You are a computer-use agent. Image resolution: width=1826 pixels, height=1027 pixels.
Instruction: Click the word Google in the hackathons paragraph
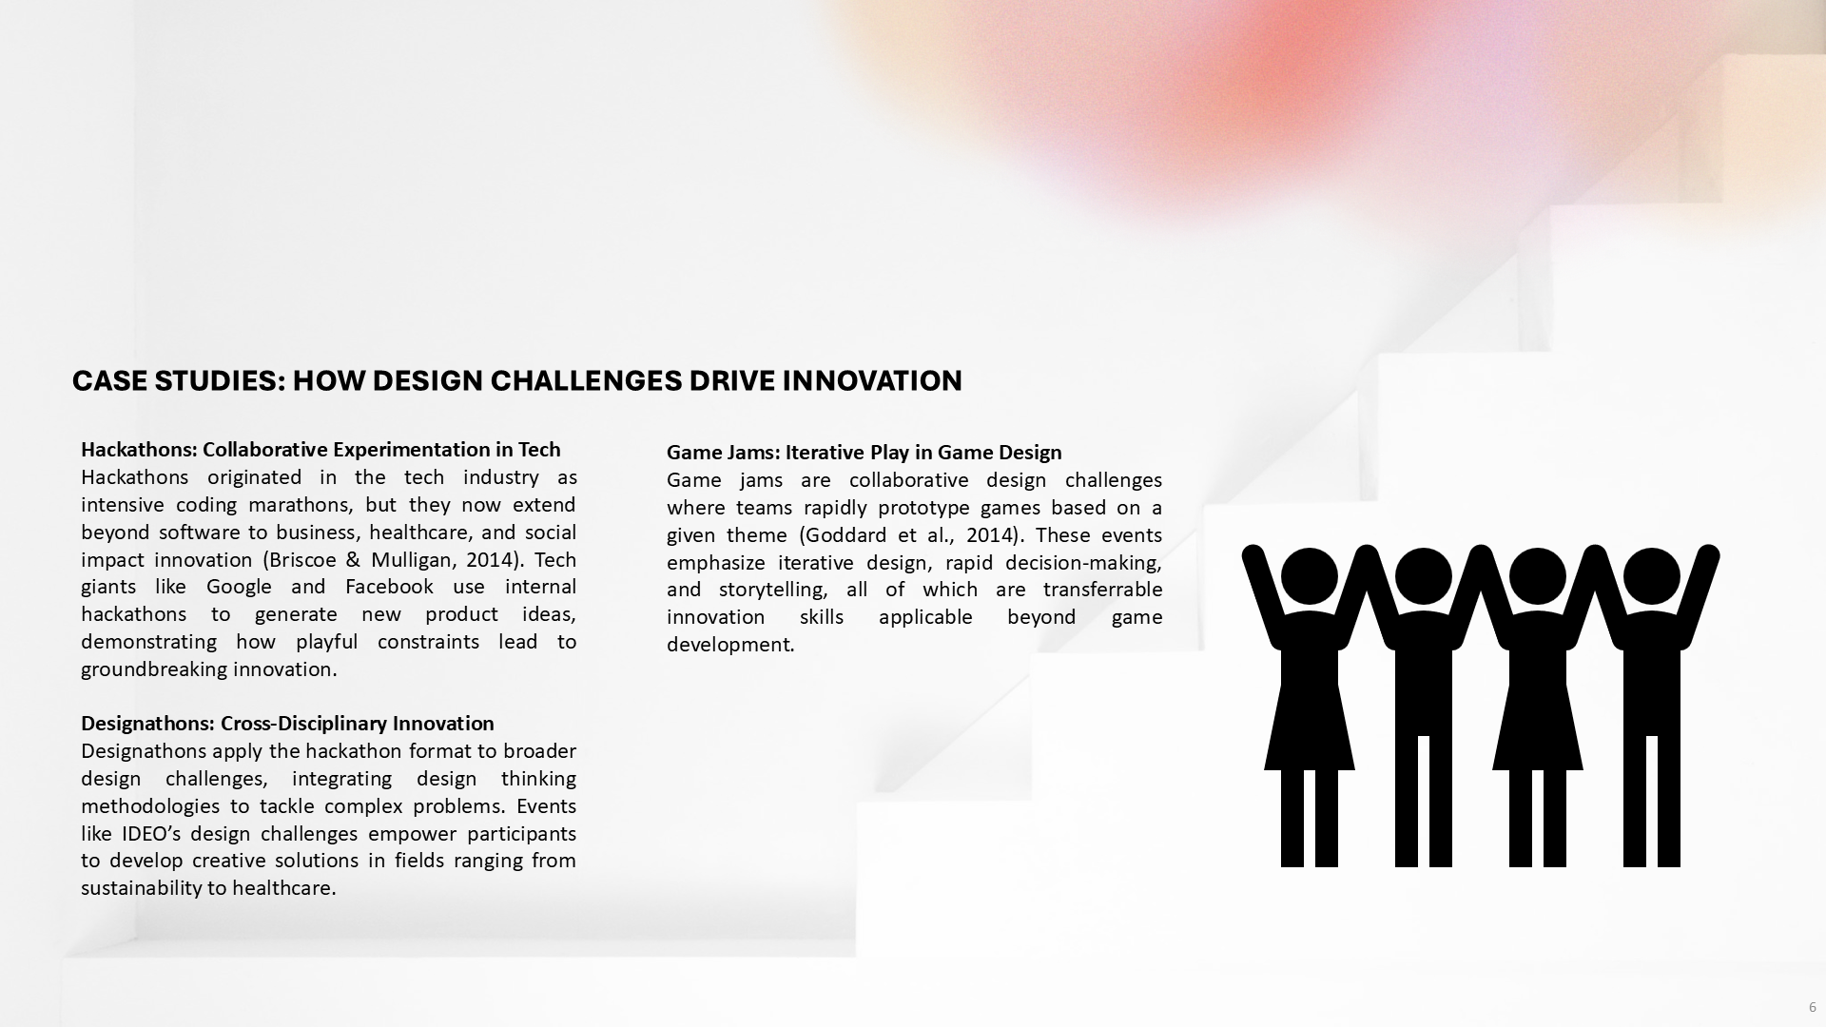[x=239, y=587]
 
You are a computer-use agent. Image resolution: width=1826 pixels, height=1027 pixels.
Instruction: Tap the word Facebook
[x=389, y=587]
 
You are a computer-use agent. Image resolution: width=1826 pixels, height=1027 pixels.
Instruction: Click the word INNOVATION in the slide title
[x=872, y=381]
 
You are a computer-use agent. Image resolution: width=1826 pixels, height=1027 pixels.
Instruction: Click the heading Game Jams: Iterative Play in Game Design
[x=864, y=453]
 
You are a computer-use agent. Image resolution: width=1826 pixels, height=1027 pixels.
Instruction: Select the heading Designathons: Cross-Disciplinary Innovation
[x=287, y=724]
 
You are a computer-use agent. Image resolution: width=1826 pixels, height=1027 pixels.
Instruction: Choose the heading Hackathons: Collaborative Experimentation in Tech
[x=321, y=450]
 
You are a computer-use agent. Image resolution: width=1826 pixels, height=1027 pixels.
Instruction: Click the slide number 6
[x=1812, y=1007]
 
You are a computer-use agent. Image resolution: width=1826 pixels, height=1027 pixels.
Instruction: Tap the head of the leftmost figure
[x=1309, y=576]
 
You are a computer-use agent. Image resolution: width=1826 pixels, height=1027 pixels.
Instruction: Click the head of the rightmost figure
[x=1651, y=576]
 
